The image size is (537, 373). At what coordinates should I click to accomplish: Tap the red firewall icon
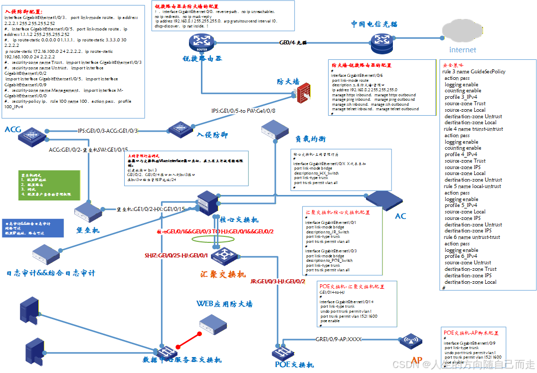303,93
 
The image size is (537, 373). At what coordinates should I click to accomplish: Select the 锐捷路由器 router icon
202,41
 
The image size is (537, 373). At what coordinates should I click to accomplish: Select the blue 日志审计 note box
32,226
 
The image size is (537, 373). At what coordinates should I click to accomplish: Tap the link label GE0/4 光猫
293,43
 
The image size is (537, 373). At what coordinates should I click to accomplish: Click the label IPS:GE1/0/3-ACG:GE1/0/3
107,131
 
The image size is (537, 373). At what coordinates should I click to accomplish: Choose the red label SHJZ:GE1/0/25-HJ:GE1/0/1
176,255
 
